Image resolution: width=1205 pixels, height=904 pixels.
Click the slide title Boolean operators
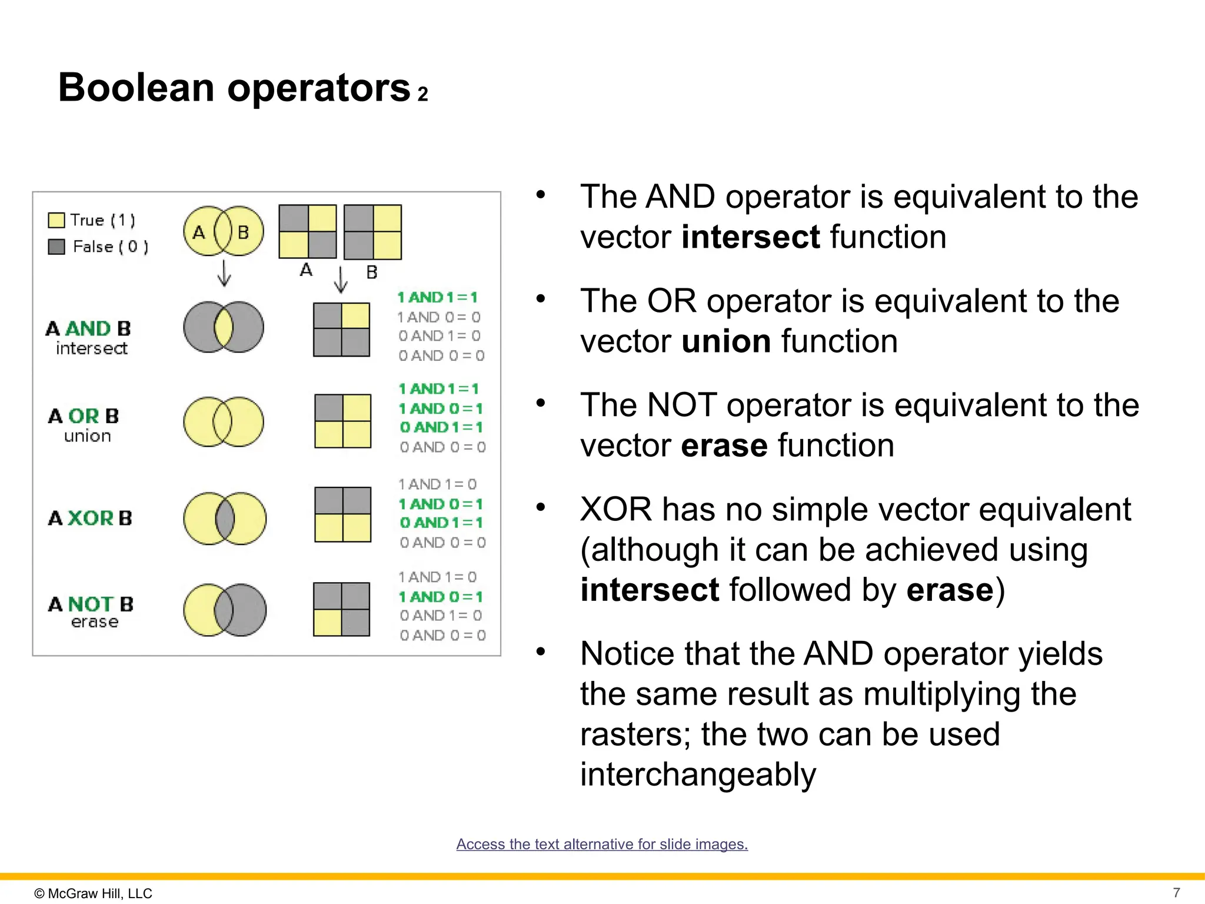point(234,88)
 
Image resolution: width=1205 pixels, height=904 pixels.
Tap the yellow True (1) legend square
point(56,220)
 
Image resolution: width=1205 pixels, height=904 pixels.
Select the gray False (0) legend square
point(56,247)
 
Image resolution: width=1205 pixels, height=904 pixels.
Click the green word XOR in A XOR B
point(91,519)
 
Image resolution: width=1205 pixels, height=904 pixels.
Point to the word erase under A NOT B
point(95,622)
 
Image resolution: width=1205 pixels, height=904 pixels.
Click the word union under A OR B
point(88,436)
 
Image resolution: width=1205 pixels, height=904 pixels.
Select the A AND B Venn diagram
point(224,327)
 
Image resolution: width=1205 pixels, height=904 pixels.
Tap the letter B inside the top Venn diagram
point(243,232)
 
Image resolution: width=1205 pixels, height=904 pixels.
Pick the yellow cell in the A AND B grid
point(355,316)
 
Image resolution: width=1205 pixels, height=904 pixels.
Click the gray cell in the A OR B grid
point(329,408)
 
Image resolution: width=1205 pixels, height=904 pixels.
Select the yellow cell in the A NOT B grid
point(327,623)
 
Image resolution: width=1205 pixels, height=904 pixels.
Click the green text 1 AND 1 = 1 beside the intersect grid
point(437,297)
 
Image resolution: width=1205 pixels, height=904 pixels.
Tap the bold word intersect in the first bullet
point(751,237)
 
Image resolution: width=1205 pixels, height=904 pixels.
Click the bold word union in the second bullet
point(726,341)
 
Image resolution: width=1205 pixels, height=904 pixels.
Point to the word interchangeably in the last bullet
point(698,775)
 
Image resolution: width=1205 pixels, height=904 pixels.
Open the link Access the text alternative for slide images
point(602,844)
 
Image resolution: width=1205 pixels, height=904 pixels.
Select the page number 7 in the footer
point(1176,893)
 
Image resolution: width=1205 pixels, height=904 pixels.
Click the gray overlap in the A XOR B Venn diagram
point(224,519)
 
